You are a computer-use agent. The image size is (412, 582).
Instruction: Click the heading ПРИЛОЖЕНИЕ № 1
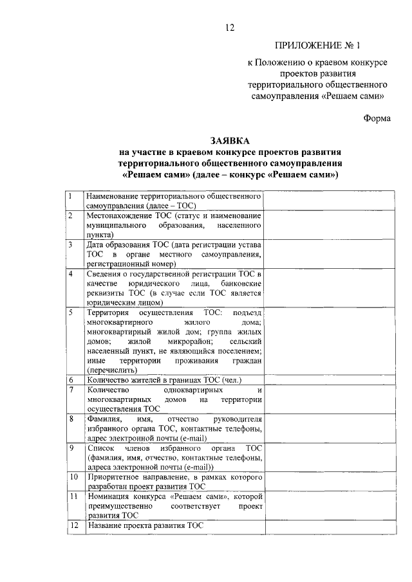(319, 45)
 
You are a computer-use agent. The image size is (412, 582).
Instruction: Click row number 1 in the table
(70, 195)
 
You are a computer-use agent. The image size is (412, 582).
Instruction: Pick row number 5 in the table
(70, 312)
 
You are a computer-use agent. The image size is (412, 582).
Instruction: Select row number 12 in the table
(73, 525)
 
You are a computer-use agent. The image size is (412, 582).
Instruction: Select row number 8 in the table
(70, 419)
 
